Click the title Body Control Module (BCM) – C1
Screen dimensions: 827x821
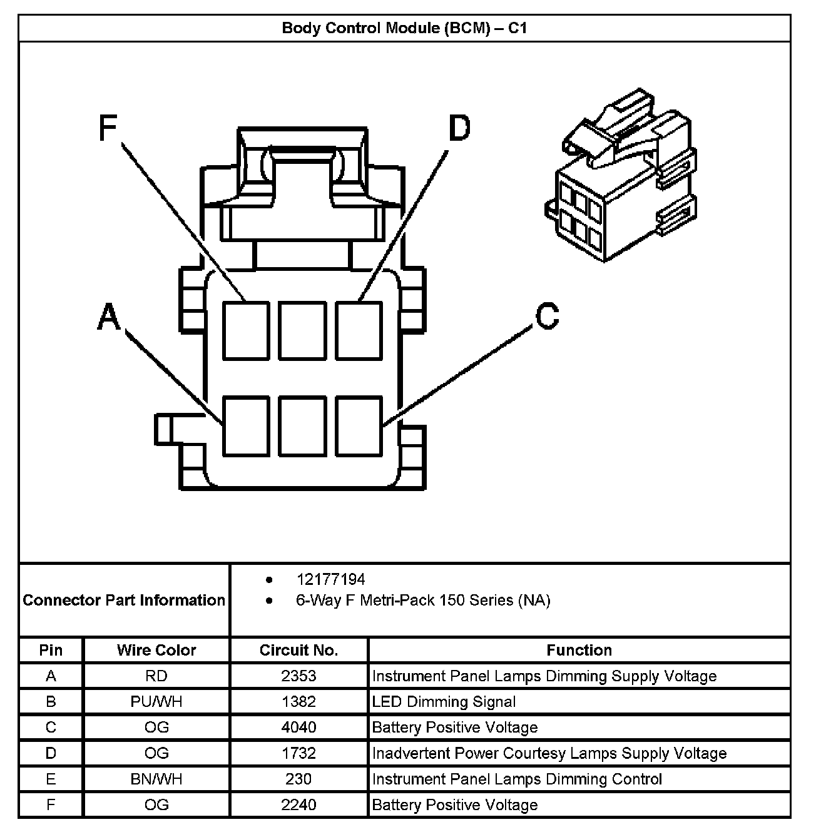pyautogui.click(x=404, y=28)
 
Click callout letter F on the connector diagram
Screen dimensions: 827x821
pyautogui.click(x=108, y=129)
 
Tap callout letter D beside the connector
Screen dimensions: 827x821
pyautogui.click(x=459, y=129)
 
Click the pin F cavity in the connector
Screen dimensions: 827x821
pyautogui.click(x=246, y=330)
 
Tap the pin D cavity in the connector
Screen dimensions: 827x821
pyautogui.click(x=359, y=330)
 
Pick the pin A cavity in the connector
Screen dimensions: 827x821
pyautogui.click(x=246, y=425)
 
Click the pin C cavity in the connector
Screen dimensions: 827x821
pyautogui.click(x=359, y=425)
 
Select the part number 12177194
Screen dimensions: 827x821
pyautogui.click(x=330, y=579)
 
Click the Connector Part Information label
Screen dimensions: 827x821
pyautogui.click(x=124, y=601)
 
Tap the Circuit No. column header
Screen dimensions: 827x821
pyautogui.click(x=298, y=651)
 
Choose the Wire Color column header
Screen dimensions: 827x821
pyautogui.click(x=156, y=651)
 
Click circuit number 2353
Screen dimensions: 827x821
pyautogui.click(x=298, y=676)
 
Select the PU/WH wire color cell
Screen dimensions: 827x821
pyautogui.click(x=156, y=702)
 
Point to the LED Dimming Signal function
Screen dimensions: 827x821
pyautogui.click(x=444, y=702)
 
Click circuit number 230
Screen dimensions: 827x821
pyautogui.click(x=298, y=779)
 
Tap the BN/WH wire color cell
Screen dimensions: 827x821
pyautogui.click(x=156, y=779)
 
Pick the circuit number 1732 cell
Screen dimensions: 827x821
pyautogui.click(x=298, y=753)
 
